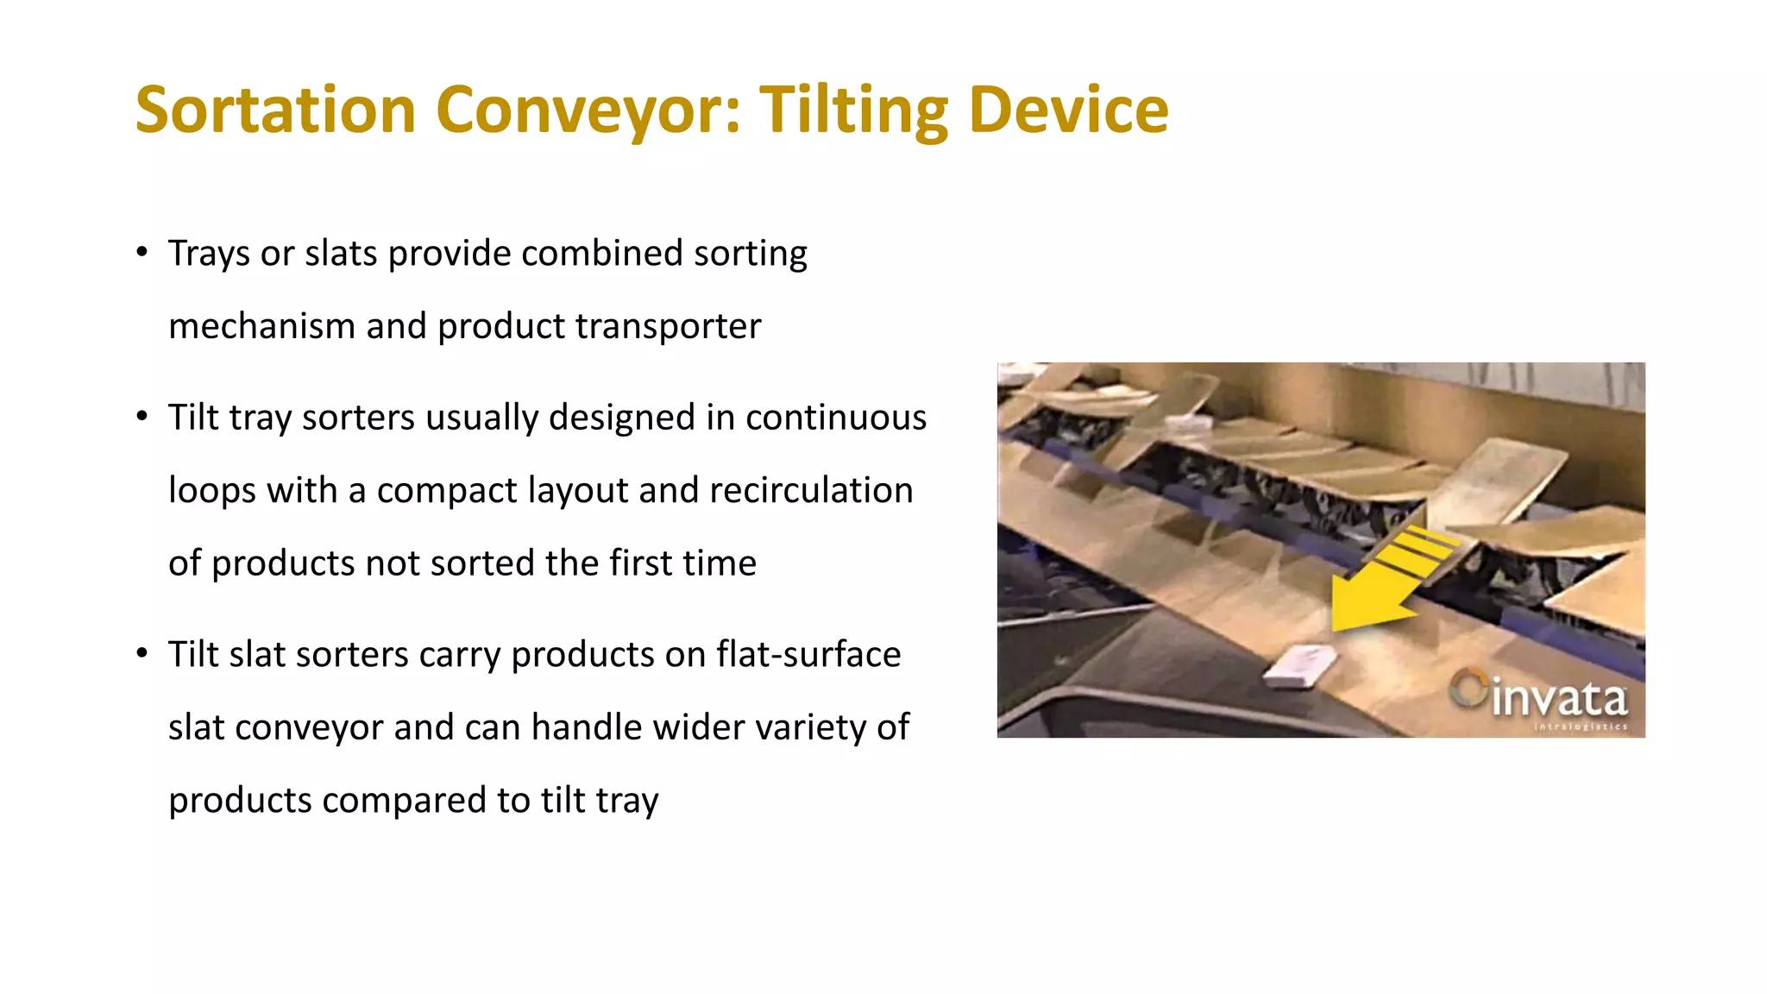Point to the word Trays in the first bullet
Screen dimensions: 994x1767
coord(209,254)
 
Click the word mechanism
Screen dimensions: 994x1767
coord(261,327)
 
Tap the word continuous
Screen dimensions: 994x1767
coord(835,418)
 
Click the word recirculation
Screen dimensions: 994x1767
coord(810,491)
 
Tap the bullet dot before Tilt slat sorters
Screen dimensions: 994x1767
coord(142,653)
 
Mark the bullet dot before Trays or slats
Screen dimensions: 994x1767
coord(142,252)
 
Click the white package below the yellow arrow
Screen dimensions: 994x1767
coord(1299,665)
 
